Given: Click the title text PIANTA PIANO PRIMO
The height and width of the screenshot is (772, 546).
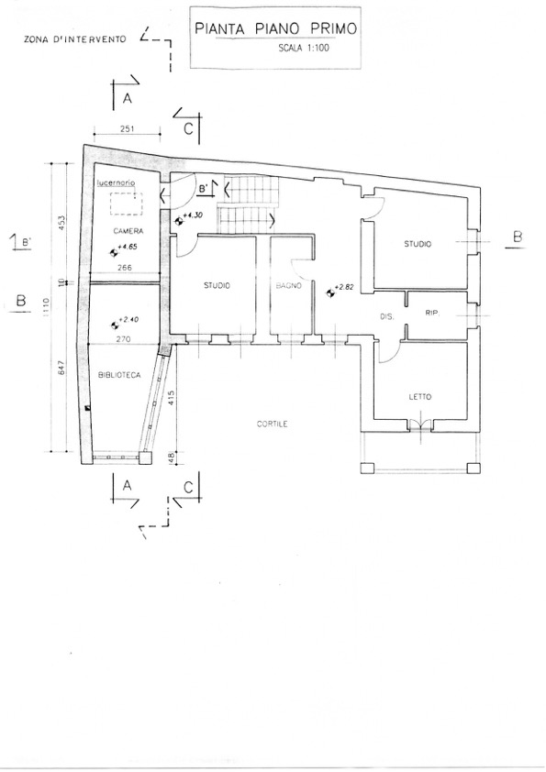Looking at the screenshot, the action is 275,28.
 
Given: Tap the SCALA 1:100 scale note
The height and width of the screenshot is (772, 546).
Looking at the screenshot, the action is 304,48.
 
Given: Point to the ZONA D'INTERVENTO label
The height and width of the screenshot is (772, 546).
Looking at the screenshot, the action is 75,39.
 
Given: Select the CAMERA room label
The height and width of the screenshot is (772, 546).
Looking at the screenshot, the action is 128,231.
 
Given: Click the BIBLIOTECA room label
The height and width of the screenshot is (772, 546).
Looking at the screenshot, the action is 119,375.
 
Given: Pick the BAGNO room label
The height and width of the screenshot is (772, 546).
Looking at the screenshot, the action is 288,285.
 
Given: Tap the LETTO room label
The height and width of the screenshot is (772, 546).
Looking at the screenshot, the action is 420,397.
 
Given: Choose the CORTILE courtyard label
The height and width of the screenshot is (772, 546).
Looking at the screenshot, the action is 272,424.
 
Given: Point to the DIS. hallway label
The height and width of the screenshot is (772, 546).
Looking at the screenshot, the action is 387,317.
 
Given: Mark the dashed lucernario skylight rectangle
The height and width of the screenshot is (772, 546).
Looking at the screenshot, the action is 126,204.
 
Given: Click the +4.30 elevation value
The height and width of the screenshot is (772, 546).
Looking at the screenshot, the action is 193,215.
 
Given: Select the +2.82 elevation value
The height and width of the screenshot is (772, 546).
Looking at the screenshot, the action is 344,288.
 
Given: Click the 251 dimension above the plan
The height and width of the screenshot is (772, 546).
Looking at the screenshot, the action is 128,129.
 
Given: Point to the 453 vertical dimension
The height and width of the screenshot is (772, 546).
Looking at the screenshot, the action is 61,223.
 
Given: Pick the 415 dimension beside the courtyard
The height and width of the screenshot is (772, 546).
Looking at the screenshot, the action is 172,397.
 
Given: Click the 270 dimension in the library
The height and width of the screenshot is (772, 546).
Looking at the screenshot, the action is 126,338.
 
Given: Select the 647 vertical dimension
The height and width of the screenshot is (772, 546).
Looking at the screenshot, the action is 61,369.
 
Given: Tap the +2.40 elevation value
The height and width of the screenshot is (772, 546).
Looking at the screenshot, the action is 129,320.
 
